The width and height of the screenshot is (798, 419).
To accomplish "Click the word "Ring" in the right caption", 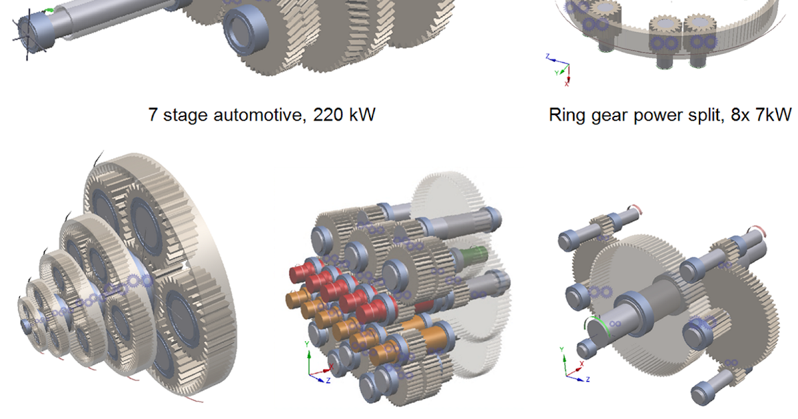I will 567,114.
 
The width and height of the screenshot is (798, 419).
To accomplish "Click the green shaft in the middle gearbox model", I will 474,255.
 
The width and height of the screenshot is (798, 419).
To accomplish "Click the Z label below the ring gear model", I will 547,57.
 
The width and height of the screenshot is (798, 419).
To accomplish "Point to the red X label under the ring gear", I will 567,84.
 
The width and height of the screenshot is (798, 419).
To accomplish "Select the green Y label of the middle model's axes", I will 306,345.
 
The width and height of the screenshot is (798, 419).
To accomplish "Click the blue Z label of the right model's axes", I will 588,379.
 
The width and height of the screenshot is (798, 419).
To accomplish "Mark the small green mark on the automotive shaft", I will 48,11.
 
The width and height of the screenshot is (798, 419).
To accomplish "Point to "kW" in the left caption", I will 361,114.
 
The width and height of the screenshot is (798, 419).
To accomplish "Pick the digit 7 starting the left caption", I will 154,114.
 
